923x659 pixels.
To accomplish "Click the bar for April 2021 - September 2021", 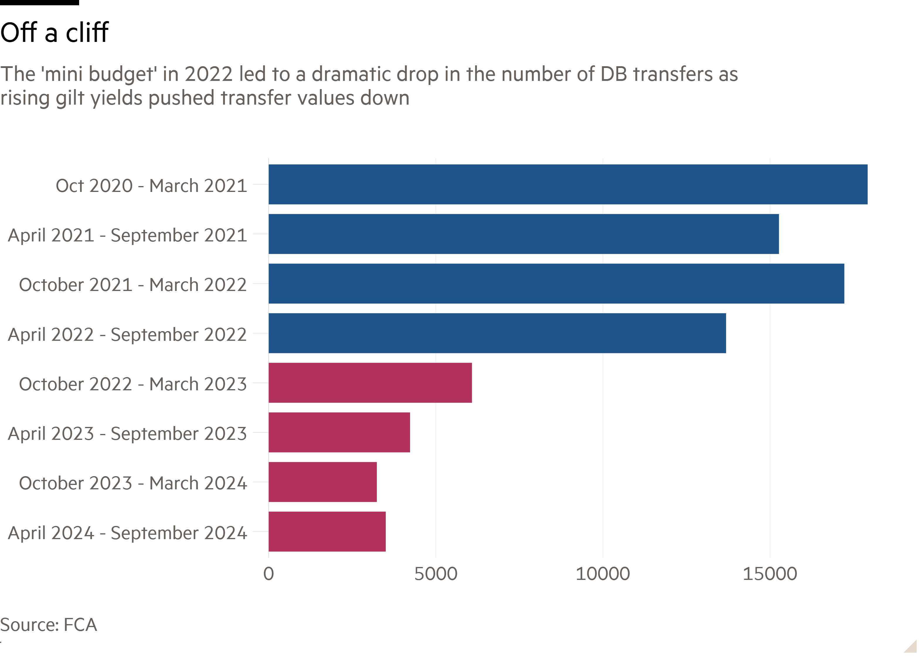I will click(523, 234).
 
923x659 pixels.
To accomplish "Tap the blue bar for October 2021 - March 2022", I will click(556, 284).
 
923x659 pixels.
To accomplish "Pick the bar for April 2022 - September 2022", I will click(497, 333).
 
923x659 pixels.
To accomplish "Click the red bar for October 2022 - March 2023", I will click(370, 383).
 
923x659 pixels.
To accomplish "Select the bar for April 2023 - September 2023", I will click(339, 432).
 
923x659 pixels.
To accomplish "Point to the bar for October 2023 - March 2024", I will click(323, 482).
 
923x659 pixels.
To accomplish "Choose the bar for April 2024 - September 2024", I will click(327, 532).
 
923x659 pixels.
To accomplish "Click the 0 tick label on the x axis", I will click(269, 574).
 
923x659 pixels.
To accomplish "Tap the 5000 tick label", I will click(436, 574).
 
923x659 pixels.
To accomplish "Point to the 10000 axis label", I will click(603, 574).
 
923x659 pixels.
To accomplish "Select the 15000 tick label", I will click(770, 574).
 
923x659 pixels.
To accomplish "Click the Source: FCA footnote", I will click(49, 625).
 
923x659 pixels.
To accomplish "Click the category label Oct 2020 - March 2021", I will click(151, 186).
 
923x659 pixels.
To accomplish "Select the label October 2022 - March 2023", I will click(133, 384).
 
